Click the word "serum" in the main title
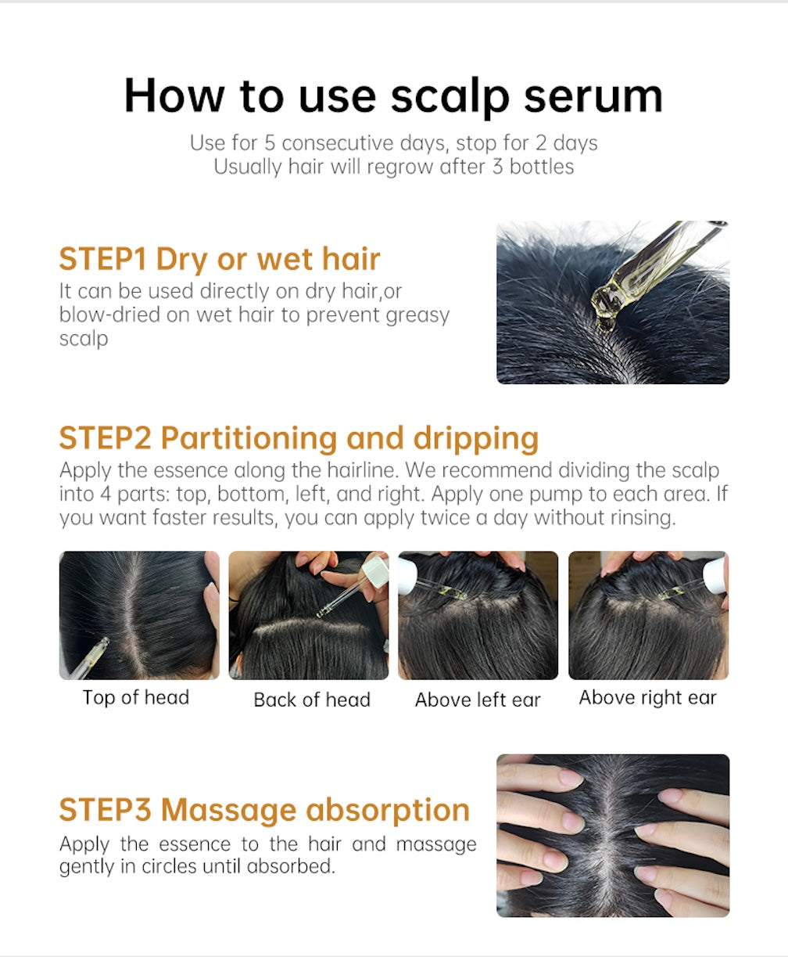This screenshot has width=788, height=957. tap(593, 97)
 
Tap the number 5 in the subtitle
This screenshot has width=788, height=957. tap(270, 143)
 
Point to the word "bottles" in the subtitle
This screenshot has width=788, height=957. tap(541, 167)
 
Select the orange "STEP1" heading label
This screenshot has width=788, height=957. tap(103, 259)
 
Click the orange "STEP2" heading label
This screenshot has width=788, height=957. tap(106, 438)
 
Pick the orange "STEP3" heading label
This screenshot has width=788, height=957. tap(106, 810)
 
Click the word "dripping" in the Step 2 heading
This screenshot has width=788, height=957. tap(476, 440)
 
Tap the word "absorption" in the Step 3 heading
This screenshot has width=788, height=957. tap(388, 811)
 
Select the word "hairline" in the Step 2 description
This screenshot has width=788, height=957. tap(362, 470)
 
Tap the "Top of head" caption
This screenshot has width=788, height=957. tap(136, 697)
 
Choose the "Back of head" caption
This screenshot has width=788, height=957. tap(312, 700)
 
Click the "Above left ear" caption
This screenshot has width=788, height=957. tap(478, 700)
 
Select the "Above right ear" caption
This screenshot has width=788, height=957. tap(647, 697)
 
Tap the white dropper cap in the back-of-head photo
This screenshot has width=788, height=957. tap(375, 568)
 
